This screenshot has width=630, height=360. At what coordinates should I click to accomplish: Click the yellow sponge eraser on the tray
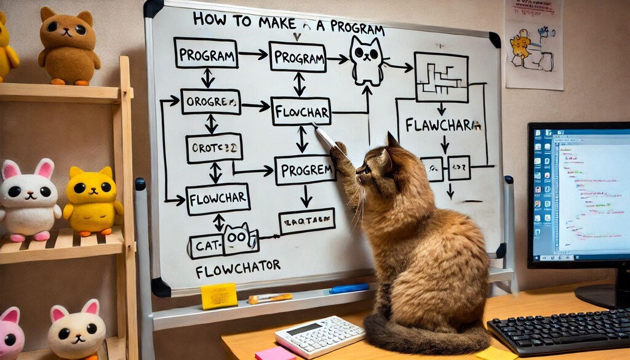[x=218, y=295]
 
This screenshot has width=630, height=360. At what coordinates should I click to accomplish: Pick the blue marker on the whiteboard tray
[x=348, y=287]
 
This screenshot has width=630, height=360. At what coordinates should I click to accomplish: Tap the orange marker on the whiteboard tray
[x=269, y=298]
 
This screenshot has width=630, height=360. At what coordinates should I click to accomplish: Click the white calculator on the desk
[x=319, y=336]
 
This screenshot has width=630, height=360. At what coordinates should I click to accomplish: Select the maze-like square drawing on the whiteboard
[x=441, y=77]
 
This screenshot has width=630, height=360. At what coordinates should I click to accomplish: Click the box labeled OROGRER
[x=211, y=102]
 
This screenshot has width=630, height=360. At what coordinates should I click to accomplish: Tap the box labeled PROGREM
[x=305, y=169]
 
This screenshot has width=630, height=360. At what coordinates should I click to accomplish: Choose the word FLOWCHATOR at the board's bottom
[x=237, y=268]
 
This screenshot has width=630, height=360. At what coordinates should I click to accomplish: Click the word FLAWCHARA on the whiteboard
[x=442, y=126]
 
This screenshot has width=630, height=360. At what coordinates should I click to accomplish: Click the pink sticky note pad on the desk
[x=275, y=354]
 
